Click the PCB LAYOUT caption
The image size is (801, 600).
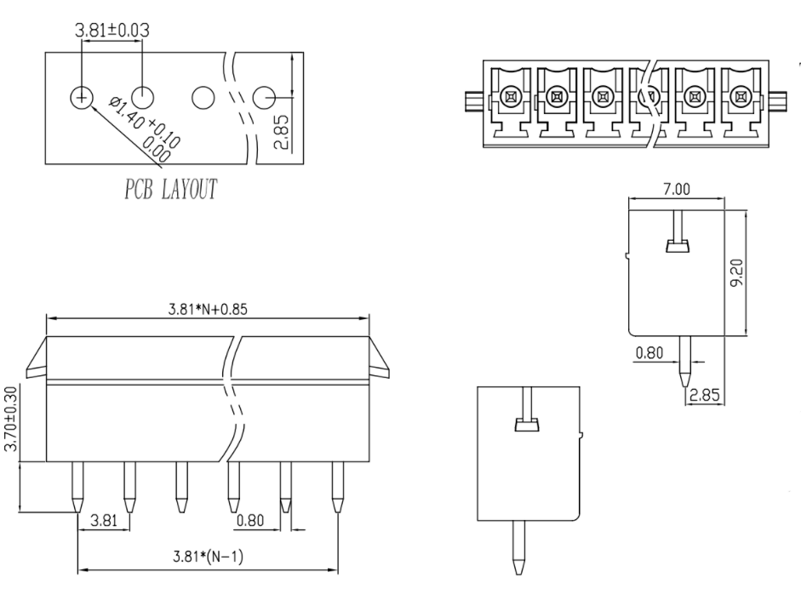click(170, 189)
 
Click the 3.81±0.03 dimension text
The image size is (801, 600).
click(112, 30)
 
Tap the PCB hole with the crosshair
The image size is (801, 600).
click(81, 97)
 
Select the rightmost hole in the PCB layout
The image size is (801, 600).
click(265, 97)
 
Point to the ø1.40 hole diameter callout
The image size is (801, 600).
click(144, 131)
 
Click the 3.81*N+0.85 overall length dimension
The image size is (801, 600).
click(208, 309)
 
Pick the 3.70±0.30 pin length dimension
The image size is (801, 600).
click(11, 419)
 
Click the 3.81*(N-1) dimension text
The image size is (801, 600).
click(208, 556)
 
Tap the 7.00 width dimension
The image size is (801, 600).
click(677, 190)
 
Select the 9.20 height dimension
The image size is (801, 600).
click(736, 272)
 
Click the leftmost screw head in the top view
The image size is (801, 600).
click(511, 96)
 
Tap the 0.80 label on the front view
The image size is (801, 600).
click(250, 520)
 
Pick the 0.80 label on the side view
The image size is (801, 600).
click(649, 353)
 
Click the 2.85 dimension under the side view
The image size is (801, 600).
click(705, 395)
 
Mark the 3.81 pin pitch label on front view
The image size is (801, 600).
click(104, 520)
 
